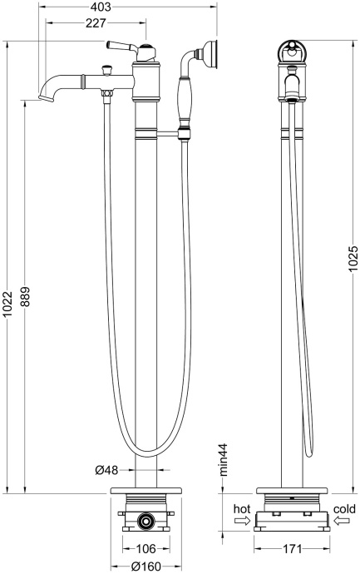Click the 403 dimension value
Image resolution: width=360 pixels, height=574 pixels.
click(101, 7)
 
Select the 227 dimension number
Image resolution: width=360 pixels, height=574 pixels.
click(96, 23)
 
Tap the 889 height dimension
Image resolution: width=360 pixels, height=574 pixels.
click(26, 298)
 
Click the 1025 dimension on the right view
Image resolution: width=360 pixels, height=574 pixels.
click(353, 259)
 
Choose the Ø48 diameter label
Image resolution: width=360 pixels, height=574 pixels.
click(106, 470)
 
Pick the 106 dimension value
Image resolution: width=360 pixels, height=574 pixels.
click(146, 548)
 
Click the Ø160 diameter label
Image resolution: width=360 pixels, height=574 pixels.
click(146, 567)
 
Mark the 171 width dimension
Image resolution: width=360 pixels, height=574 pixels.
click(293, 548)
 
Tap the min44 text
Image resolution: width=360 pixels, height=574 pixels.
click(223, 460)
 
